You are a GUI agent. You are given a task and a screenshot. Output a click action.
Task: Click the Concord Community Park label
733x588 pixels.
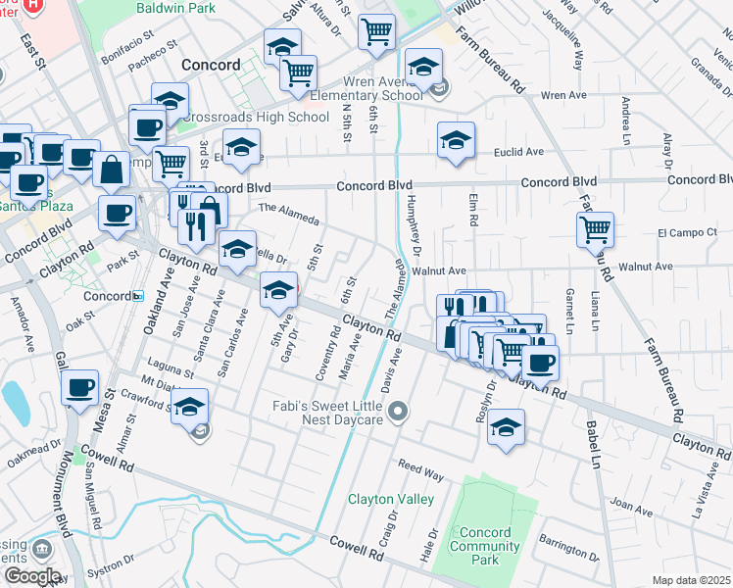479,547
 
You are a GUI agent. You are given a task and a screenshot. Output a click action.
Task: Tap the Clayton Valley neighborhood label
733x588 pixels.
391,499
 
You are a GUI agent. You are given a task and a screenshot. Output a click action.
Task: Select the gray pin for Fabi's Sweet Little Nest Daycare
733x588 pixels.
397,414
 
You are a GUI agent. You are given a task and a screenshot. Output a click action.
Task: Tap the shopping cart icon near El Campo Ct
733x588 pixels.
595,230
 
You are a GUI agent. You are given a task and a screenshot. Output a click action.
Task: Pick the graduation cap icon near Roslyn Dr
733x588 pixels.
506,427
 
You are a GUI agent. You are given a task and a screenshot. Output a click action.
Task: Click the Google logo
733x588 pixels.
32,576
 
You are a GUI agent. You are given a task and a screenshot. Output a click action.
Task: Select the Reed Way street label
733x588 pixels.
420,468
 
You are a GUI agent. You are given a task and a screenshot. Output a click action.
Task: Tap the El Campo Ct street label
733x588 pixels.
688,233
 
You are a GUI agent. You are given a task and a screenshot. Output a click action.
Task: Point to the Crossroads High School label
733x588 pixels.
254,118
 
